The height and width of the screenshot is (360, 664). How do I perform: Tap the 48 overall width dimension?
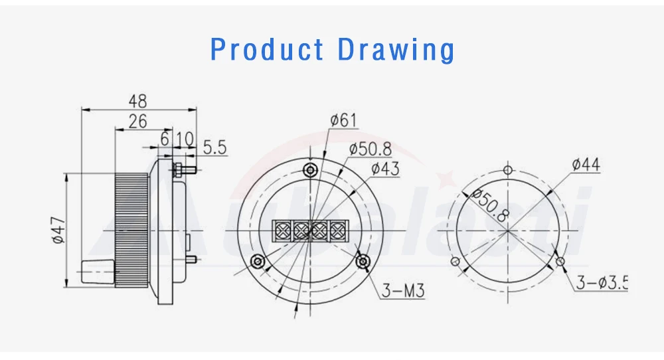click(137, 101)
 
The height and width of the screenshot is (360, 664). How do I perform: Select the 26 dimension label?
click(137, 121)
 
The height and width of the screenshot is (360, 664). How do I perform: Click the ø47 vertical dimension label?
click(58, 230)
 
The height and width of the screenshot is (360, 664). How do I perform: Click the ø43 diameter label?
click(385, 168)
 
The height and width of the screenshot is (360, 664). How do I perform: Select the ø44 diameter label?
click(586, 165)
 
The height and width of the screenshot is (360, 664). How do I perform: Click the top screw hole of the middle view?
click(310, 170)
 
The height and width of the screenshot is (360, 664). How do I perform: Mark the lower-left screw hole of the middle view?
click(258, 261)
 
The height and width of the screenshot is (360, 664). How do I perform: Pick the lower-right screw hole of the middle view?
click(363, 261)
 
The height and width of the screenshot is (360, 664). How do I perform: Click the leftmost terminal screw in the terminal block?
click(282, 230)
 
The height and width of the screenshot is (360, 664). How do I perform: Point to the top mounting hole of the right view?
click(508, 170)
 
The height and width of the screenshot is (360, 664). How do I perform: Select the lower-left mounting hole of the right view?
click(455, 261)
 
